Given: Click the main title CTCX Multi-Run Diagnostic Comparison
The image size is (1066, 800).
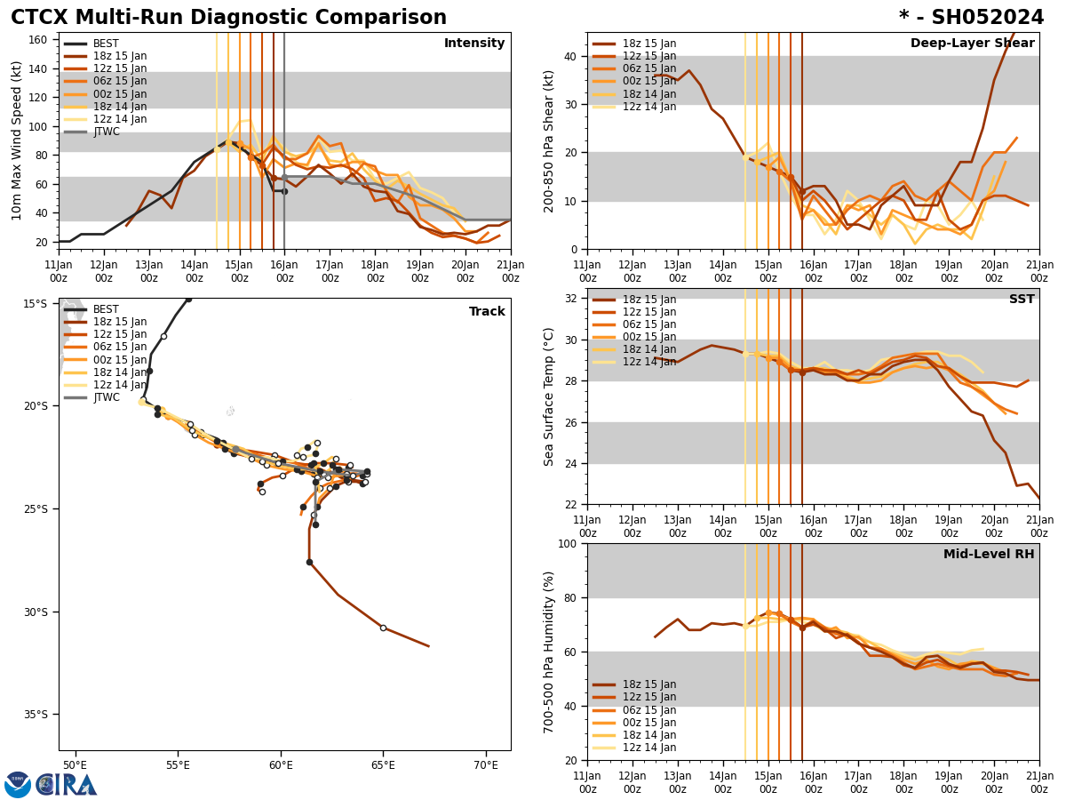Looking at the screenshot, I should [228, 18].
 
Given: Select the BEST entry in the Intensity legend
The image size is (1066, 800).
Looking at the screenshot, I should [105, 44].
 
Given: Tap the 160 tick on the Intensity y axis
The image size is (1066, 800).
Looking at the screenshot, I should [42, 40].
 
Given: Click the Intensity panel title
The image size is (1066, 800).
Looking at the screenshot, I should [474, 44].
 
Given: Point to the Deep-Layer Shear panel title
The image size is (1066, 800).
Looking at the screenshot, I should [972, 44].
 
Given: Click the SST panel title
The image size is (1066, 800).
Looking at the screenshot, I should [1022, 300].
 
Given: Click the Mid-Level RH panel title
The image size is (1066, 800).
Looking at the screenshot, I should [989, 555].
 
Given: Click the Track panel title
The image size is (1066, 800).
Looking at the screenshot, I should [487, 312].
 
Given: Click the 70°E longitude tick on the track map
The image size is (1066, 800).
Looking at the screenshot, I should [486, 764].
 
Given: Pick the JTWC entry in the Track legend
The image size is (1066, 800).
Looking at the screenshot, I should [107, 397].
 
